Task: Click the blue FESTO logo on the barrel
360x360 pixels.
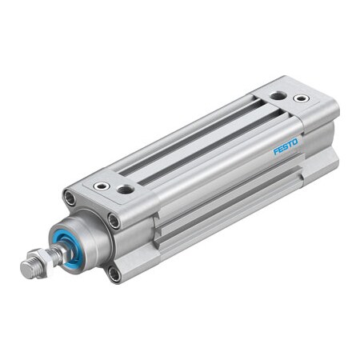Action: click(x=286, y=146)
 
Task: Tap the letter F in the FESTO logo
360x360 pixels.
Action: click(x=276, y=151)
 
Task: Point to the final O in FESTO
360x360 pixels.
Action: click(x=295, y=142)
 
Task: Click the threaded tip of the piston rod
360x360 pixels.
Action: click(x=27, y=270)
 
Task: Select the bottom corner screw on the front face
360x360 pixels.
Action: click(x=114, y=274)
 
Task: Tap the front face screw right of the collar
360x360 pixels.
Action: click(x=114, y=222)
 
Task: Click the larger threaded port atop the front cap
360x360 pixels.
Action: click(x=126, y=190)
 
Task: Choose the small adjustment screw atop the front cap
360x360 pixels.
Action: click(x=102, y=186)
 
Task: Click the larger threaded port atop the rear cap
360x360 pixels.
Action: click(x=277, y=95)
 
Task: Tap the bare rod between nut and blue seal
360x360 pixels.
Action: click(x=58, y=250)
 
